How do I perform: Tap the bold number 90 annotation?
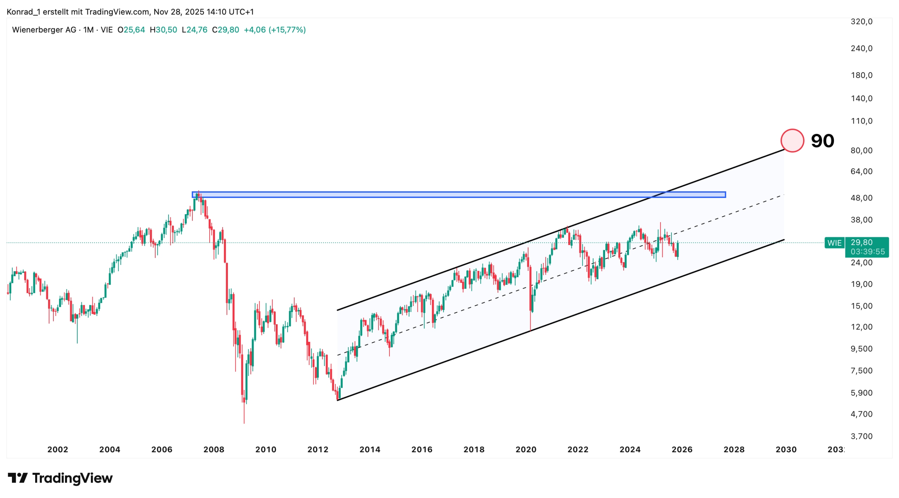click(x=822, y=141)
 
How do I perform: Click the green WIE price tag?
click(x=834, y=243)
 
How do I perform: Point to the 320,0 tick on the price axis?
click(x=861, y=21)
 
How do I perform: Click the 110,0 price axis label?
click(x=861, y=121)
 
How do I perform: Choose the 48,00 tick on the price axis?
click(x=861, y=198)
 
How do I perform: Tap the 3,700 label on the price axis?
click(x=861, y=436)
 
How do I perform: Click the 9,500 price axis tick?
click(x=861, y=349)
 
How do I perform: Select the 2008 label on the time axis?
click(x=214, y=450)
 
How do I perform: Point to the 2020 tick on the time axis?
click(x=526, y=450)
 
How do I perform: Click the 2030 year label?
click(x=786, y=450)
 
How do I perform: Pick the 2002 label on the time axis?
click(x=58, y=450)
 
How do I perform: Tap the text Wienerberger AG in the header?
click(x=44, y=30)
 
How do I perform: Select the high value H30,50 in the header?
click(x=163, y=30)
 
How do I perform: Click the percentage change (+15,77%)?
click(x=287, y=30)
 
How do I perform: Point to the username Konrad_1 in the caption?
click(x=24, y=12)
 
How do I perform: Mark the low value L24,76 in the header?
click(x=195, y=30)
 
